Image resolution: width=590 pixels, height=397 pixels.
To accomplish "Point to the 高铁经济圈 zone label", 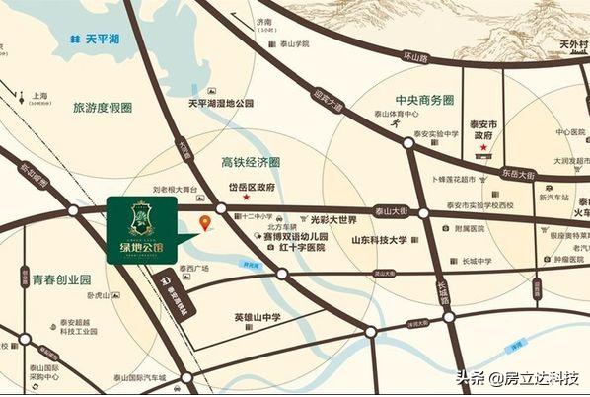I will click(x=251, y=161).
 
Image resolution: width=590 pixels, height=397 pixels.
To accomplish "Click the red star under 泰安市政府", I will click(x=483, y=148).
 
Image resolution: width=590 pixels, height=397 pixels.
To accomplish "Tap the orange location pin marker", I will click(x=205, y=223).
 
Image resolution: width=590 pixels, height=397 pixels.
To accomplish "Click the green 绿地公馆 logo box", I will click(x=141, y=228).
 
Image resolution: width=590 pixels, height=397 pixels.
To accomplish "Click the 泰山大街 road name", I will click(x=393, y=210).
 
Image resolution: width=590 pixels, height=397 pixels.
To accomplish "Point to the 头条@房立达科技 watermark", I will click(x=516, y=378).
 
